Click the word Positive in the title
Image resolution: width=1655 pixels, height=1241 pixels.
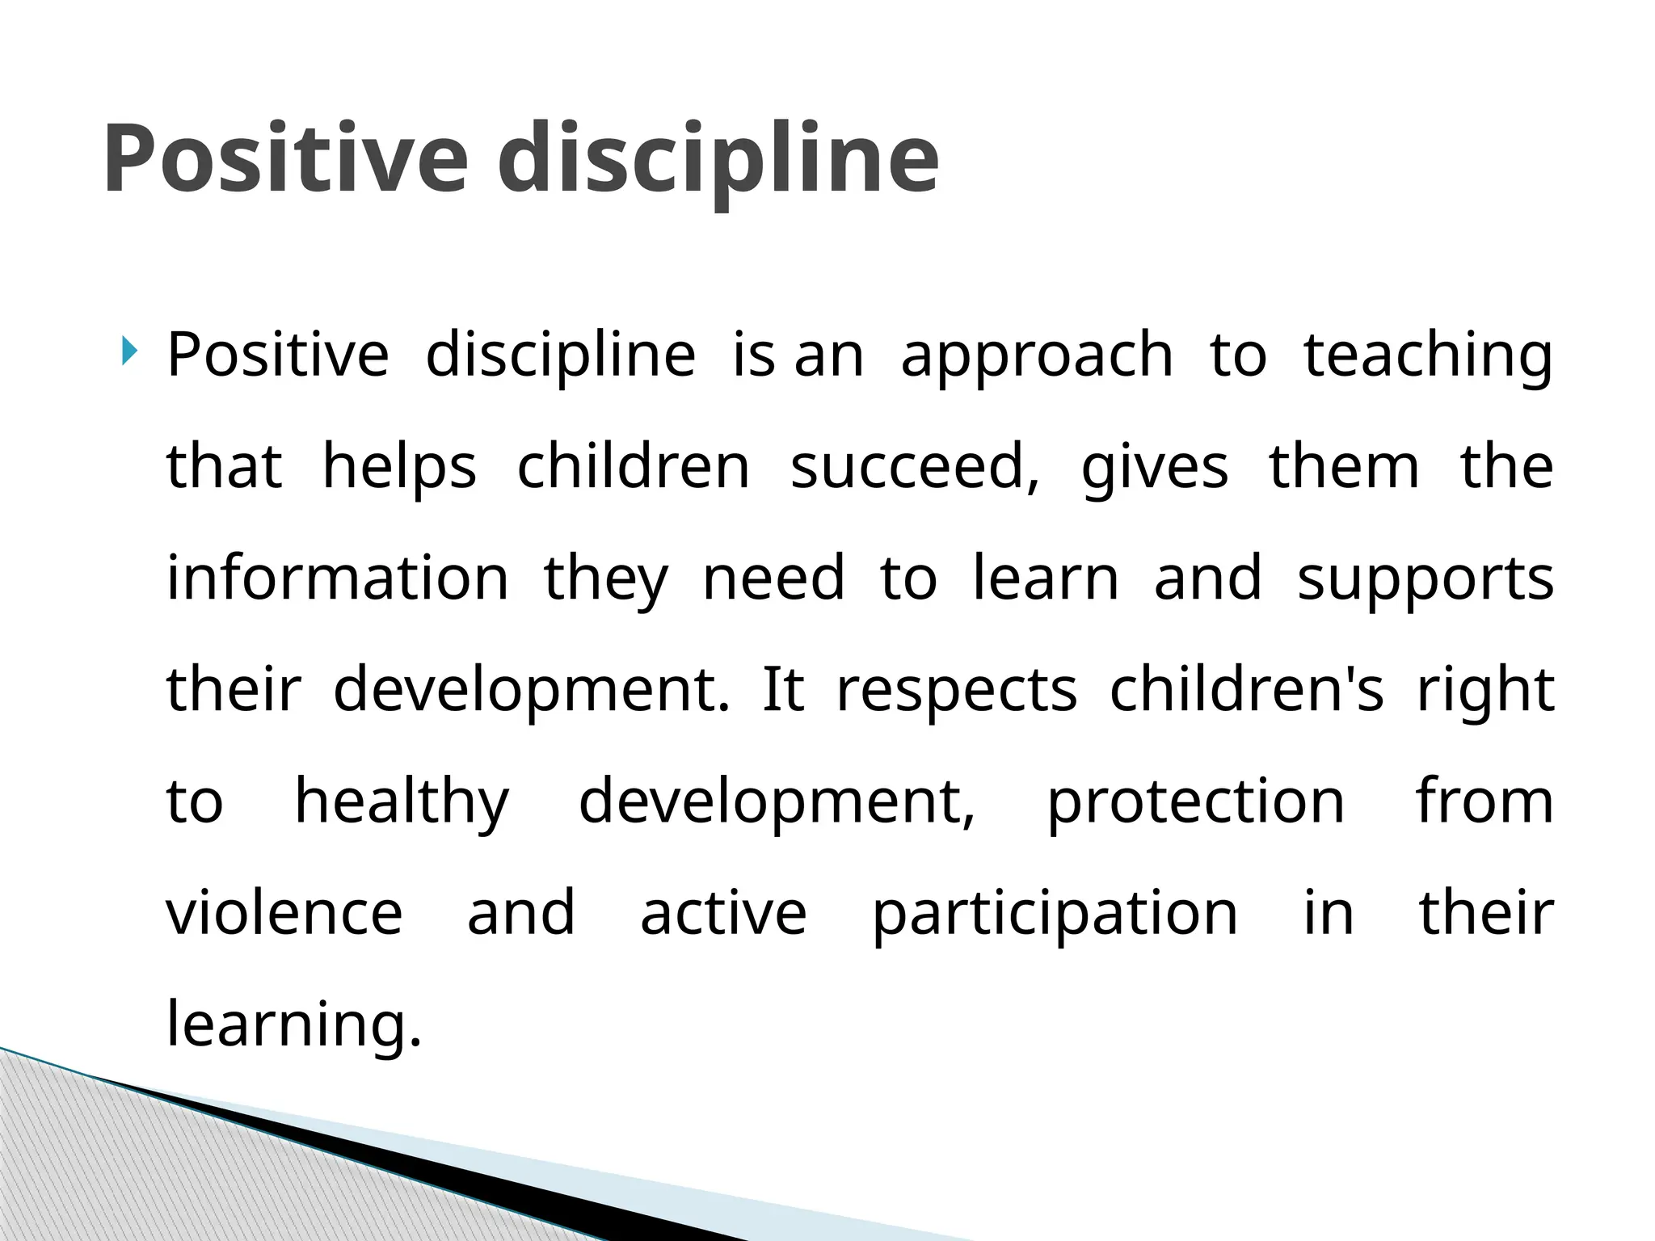pos(284,158)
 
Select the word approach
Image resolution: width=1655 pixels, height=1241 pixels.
pos(1037,355)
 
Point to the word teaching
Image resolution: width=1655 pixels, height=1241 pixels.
pos(1428,355)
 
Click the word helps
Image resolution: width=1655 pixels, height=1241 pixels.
pos(399,467)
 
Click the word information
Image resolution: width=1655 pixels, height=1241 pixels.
pos(338,578)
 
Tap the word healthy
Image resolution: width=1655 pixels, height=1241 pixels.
pos(402,801)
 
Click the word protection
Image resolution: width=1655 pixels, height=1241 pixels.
pos(1196,801)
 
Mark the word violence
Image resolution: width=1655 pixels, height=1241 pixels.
pos(284,913)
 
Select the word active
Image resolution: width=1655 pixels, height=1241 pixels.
pos(723,913)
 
